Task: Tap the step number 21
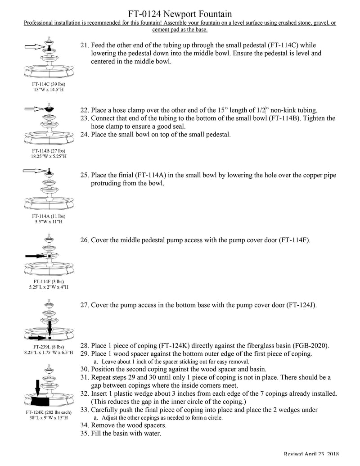pos(84,45)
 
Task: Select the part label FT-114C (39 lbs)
pos(47,84)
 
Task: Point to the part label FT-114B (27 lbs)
pos(47,150)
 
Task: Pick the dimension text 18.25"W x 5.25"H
pos(47,156)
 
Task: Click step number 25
pos(84,175)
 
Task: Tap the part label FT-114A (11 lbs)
pos(47,216)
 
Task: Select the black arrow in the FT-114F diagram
pos(36,256)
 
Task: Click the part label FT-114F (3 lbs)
pos(47,281)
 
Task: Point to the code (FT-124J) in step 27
pos(301,305)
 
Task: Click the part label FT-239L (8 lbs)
pos(47,347)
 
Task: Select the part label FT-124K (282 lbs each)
pos(47,412)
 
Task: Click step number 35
pos(84,434)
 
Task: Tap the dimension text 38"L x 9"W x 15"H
pos(47,418)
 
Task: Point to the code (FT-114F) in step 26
pos(294,240)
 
